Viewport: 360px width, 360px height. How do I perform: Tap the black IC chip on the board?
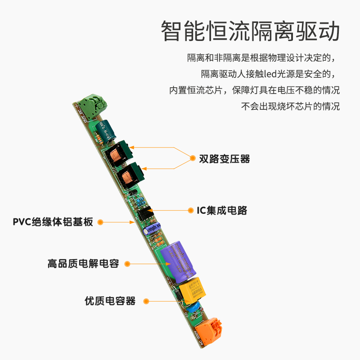click(x=145, y=212)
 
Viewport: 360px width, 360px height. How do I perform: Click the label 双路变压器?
click(x=224, y=159)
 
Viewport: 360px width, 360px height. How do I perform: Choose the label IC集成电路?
click(x=222, y=210)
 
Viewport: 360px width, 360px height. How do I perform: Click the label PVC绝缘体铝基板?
click(x=52, y=222)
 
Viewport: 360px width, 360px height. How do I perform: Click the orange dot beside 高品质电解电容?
click(x=127, y=264)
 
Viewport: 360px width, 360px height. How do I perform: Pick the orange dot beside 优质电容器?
click(x=145, y=301)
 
